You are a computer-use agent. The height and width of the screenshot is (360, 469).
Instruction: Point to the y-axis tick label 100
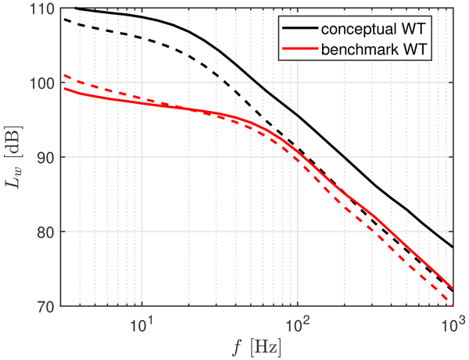[42, 83]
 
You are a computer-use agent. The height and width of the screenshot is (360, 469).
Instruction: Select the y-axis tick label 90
[45, 158]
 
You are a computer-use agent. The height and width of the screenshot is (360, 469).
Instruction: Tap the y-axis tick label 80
[45, 232]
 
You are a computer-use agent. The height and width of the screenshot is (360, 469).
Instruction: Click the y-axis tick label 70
[45, 306]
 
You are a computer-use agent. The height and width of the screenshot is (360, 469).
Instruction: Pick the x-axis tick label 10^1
[141, 321]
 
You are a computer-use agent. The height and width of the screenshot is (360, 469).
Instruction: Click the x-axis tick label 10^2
[296, 321]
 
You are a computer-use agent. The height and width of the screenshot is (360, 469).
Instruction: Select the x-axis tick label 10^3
[452, 321]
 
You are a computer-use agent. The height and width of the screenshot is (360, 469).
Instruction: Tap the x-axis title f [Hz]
[258, 345]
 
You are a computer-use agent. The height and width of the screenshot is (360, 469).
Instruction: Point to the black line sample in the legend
[301, 28]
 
